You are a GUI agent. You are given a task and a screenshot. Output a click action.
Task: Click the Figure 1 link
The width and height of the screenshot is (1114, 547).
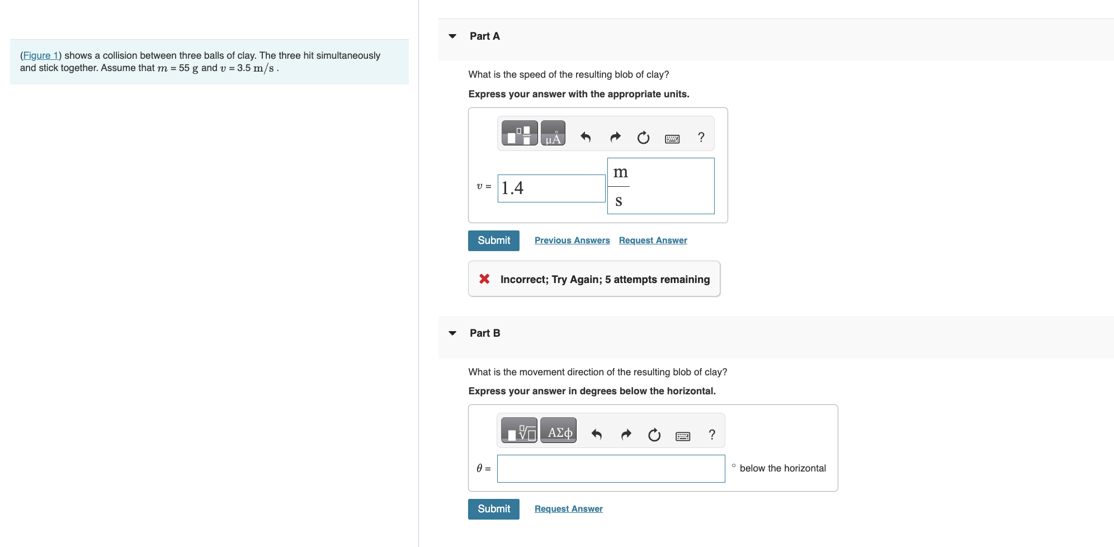point(41,55)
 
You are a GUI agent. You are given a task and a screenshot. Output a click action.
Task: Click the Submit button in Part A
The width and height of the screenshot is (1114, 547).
point(493,241)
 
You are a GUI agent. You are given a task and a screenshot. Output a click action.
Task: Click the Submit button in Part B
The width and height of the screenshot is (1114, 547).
point(493,509)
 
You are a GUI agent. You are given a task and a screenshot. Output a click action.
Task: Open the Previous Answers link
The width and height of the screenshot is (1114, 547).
point(572,241)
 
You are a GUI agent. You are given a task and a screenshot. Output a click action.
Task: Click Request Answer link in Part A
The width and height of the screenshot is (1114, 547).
point(653,241)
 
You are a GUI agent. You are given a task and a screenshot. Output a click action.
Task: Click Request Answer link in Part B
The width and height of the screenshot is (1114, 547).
point(568,509)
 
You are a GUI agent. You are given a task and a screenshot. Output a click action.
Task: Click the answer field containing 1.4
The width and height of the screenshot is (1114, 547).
point(551,188)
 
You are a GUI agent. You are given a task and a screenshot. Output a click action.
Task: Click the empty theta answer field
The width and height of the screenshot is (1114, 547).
point(611,469)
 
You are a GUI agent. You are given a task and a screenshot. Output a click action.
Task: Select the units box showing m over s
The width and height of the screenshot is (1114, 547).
point(660,186)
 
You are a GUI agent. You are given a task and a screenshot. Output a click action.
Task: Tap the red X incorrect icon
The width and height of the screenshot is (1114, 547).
point(484,279)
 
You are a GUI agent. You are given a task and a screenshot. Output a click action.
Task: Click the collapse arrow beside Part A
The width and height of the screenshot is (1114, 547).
point(452,36)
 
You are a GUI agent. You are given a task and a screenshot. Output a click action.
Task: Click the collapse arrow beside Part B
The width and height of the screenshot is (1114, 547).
point(452,333)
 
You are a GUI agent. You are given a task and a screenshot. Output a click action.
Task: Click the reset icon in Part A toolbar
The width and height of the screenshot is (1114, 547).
point(643,138)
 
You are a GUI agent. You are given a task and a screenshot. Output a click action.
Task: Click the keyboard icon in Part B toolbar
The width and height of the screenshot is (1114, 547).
point(682,435)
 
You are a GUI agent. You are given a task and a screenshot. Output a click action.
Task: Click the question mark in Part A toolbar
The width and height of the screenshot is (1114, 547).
point(701,138)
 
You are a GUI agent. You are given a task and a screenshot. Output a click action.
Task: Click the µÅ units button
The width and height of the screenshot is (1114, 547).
point(553,134)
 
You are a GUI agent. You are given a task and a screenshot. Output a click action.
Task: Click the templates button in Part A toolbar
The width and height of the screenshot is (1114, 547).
point(519,134)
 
